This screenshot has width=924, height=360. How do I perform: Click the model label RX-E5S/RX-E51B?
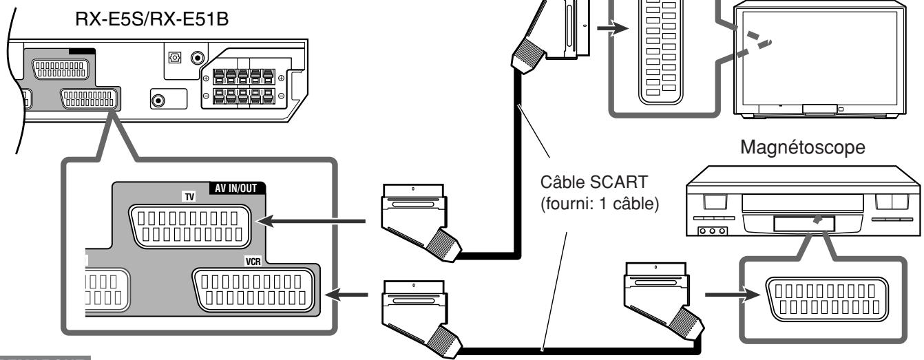pyautogui.click(x=151, y=19)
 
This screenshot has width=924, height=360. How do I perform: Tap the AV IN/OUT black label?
pyautogui.click(x=236, y=188)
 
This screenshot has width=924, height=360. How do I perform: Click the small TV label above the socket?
pyautogui.click(x=189, y=197)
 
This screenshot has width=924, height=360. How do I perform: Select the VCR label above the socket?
pyautogui.click(x=253, y=262)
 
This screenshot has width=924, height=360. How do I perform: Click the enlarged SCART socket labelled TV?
pyautogui.click(x=190, y=226)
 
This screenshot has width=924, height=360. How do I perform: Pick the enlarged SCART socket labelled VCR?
pyautogui.click(x=253, y=290)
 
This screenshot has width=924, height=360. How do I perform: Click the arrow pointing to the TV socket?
pyautogui.click(x=311, y=222)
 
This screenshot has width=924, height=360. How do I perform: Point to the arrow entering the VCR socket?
pyautogui.click(x=346, y=295)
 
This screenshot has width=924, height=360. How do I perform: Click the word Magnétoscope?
pyautogui.click(x=802, y=147)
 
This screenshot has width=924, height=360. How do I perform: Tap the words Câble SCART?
pyautogui.click(x=594, y=182)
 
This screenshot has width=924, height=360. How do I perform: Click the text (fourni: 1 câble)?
pyautogui.click(x=600, y=204)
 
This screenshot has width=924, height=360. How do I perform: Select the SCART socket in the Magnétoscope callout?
pyautogui.click(x=827, y=299)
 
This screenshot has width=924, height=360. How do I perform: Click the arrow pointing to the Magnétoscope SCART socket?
pyautogui.click(x=733, y=295)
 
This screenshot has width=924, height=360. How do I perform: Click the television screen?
pyautogui.click(x=819, y=58)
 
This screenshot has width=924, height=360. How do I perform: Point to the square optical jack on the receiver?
pyautogui.click(x=175, y=57)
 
